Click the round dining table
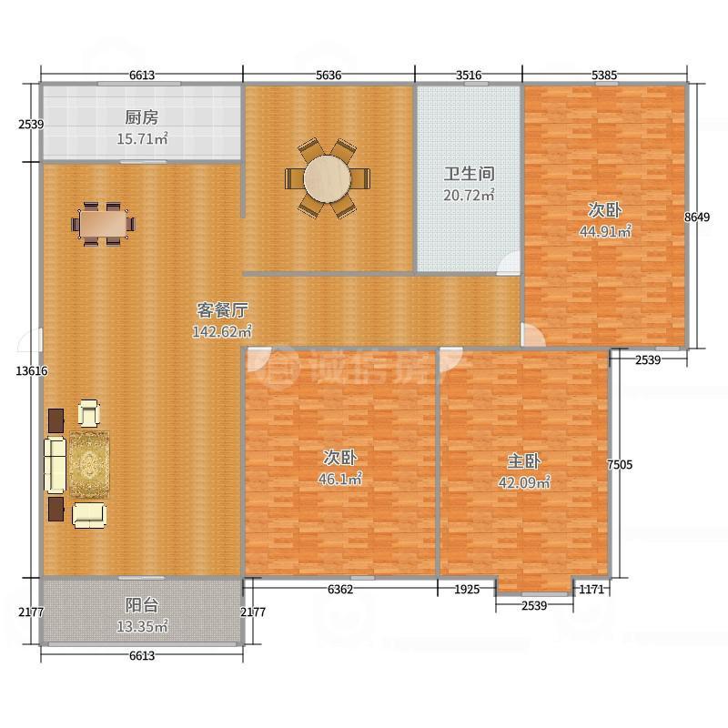tap(328, 178)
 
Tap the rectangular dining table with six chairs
tap(104, 224)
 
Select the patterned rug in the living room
tap(89, 464)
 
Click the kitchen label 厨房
tap(142, 117)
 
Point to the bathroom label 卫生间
tap(469, 174)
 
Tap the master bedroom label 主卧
tap(524, 461)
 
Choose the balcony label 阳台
tap(142, 605)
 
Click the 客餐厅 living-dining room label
tap(222, 309)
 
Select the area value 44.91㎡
tap(605, 231)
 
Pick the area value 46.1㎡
tap(339, 479)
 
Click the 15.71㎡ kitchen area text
tap(142, 138)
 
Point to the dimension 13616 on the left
tap(32, 370)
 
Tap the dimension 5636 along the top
tap(329, 75)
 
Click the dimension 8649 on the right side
tap(697, 217)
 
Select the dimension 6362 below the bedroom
tap(340, 589)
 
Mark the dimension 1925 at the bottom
tap(467, 589)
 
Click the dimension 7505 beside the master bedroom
tap(620, 464)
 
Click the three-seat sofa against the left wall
tap(55, 464)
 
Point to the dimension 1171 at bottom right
tap(592, 589)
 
